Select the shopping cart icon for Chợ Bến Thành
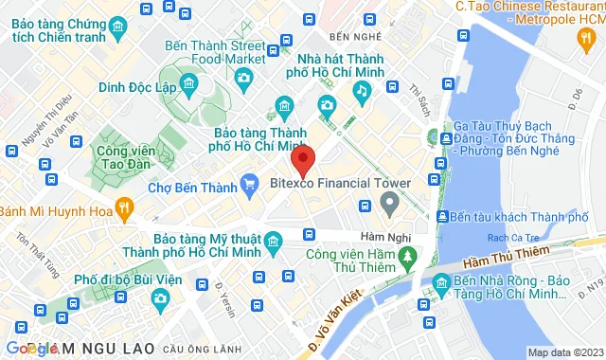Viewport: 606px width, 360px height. pyautogui.click(x=249, y=182)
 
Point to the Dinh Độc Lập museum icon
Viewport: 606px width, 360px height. pyautogui.click(x=189, y=87)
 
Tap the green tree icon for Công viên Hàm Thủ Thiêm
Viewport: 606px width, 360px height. pyautogui.click(x=407, y=256)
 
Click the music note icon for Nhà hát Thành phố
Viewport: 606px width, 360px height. pyautogui.click(x=361, y=90)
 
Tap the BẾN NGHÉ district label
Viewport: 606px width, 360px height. pyautogui.click(x=347, y=37)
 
